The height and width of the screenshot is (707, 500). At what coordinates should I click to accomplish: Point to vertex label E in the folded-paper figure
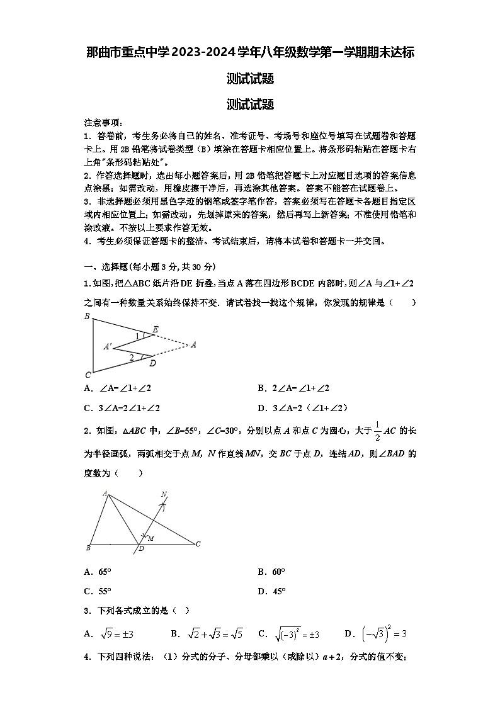[156, 329]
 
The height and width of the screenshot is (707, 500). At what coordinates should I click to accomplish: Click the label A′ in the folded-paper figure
[108, 346]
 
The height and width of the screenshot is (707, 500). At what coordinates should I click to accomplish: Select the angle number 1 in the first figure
[137, 337]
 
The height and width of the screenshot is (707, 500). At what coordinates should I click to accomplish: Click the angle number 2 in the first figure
[132, 358]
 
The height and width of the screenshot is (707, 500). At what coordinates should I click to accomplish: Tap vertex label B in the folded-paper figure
[87, 316]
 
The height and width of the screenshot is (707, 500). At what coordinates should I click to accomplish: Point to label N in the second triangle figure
[164, 494]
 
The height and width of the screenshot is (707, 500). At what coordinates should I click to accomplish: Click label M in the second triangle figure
[151, 539]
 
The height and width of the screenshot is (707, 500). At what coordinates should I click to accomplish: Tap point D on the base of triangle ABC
[141, 549]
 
